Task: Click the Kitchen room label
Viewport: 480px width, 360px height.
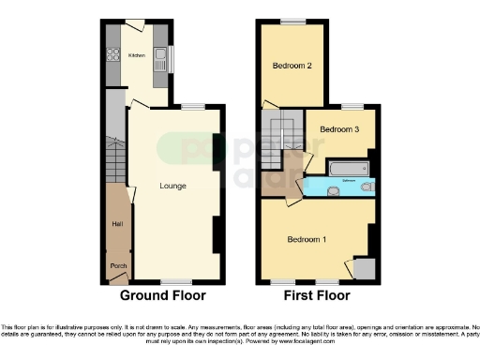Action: coord(137,56)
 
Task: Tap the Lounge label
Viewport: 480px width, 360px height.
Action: coord(172,186)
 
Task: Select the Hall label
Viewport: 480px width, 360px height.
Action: coord(117,223)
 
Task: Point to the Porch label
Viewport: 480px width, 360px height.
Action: coord(118,266)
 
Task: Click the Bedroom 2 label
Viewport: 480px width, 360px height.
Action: coord(292,66)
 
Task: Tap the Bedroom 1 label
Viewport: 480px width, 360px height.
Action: coord(306,240)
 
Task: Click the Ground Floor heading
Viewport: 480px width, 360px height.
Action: coord(162,295)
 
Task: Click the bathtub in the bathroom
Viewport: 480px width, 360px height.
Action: coord(349,168)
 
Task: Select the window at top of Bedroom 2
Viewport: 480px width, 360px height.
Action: coord(292,21)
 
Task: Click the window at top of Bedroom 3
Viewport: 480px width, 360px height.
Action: coord(352,106)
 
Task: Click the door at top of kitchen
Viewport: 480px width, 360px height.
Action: coord(134,24)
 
